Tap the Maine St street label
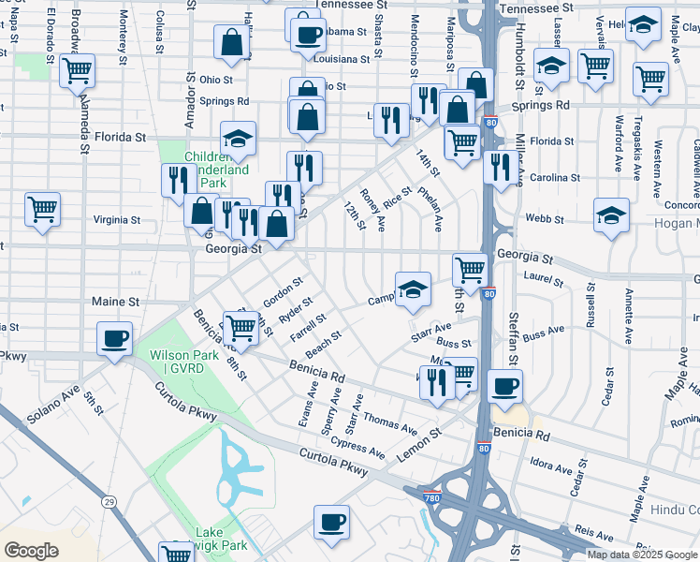[115, 303]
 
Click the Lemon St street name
[421, 442]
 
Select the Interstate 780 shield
[430, 490]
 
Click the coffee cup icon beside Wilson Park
[114, 338]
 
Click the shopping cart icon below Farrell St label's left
[241, 327]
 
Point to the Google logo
[32, 550]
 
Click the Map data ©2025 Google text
[642, 555]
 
